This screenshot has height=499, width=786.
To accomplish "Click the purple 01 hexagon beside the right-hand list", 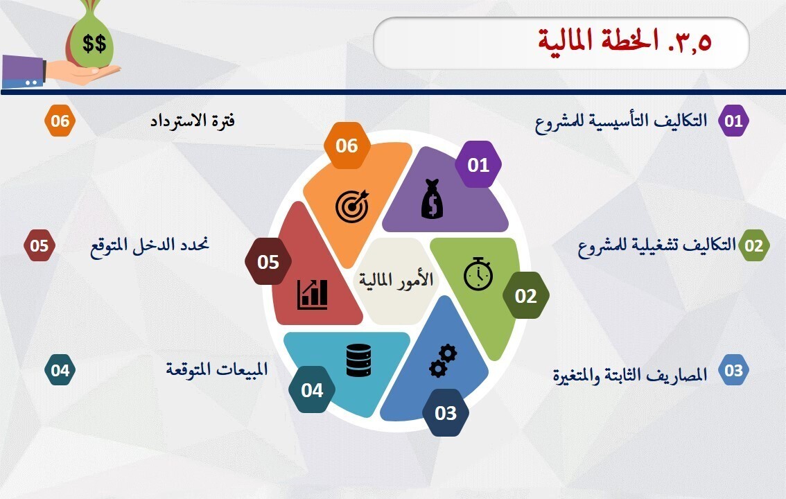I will point(733,121).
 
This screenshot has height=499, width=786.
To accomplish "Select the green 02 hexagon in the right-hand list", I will point(753,245).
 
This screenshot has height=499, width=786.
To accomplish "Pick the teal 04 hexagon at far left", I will point(60,370).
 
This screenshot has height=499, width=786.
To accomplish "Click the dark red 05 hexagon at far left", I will point(40,245).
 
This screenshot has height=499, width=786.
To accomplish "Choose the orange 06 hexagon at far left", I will point(60,121).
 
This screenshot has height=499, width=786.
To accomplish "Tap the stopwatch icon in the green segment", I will point(478,273).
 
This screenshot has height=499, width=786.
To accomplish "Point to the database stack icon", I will point(358,360).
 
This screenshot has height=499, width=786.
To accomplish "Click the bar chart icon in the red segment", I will point(313,295).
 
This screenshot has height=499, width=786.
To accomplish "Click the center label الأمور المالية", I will point(396,280).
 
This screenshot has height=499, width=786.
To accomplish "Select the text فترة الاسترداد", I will point(193,121).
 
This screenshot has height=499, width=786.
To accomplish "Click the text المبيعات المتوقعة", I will point(216,369).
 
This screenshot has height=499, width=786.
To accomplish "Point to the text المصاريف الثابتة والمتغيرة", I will point(630,375).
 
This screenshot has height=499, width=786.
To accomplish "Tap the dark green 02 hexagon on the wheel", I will point(526,296).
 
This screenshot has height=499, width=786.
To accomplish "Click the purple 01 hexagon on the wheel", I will point(478,165).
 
